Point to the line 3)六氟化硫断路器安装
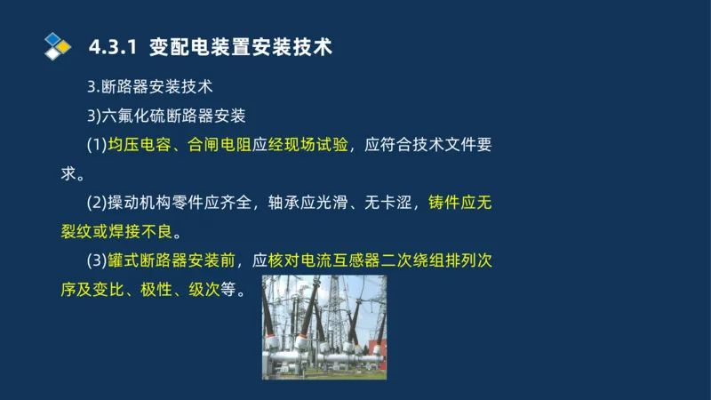pos(166,116)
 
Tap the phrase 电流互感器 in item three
pos(342,261)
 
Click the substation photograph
pos(324,326)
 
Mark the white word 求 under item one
pos(68,173)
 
